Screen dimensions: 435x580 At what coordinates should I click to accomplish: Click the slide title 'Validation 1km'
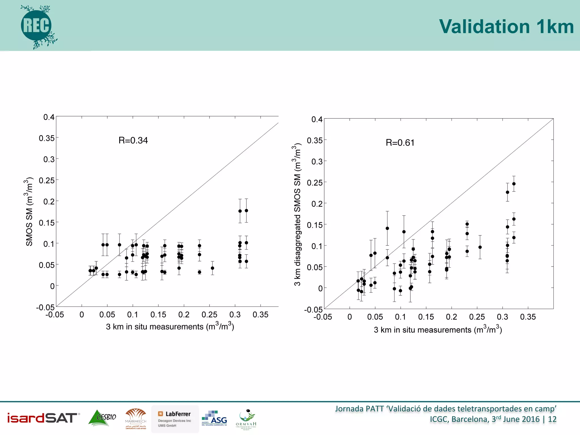506,27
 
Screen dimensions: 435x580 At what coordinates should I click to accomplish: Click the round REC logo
36,26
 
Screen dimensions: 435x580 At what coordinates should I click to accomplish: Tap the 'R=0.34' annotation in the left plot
133,140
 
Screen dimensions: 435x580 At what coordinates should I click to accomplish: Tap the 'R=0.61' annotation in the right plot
400,143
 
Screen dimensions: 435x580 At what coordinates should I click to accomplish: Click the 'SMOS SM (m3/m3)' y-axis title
29,212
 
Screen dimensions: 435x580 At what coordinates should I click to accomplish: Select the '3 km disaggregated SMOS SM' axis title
297,215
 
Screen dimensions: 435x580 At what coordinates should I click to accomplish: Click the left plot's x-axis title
170,327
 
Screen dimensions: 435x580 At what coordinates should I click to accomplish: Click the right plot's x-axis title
438,330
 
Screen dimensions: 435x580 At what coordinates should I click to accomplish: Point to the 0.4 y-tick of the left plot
49,117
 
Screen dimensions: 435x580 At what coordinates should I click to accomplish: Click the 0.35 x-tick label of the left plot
260,315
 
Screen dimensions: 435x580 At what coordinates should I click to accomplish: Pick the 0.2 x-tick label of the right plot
451,317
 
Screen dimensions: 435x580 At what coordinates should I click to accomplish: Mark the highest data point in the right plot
514,184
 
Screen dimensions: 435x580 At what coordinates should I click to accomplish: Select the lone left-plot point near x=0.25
212,268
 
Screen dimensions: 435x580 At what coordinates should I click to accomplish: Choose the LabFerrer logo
175,419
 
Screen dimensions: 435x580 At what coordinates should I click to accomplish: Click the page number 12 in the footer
552,419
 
